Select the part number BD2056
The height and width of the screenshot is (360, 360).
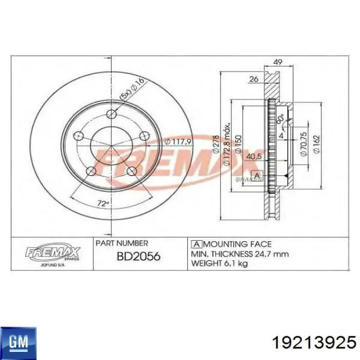coord(138,256)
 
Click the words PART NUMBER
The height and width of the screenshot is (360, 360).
coord(122,243)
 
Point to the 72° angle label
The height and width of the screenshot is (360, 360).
coord(103,204)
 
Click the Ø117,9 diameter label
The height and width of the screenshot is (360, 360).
coord(178,142)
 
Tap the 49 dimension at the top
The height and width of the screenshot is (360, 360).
coord(278,62)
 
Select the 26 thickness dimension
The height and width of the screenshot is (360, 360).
coord(254,79)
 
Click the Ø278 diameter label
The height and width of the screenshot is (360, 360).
coord(216,145)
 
